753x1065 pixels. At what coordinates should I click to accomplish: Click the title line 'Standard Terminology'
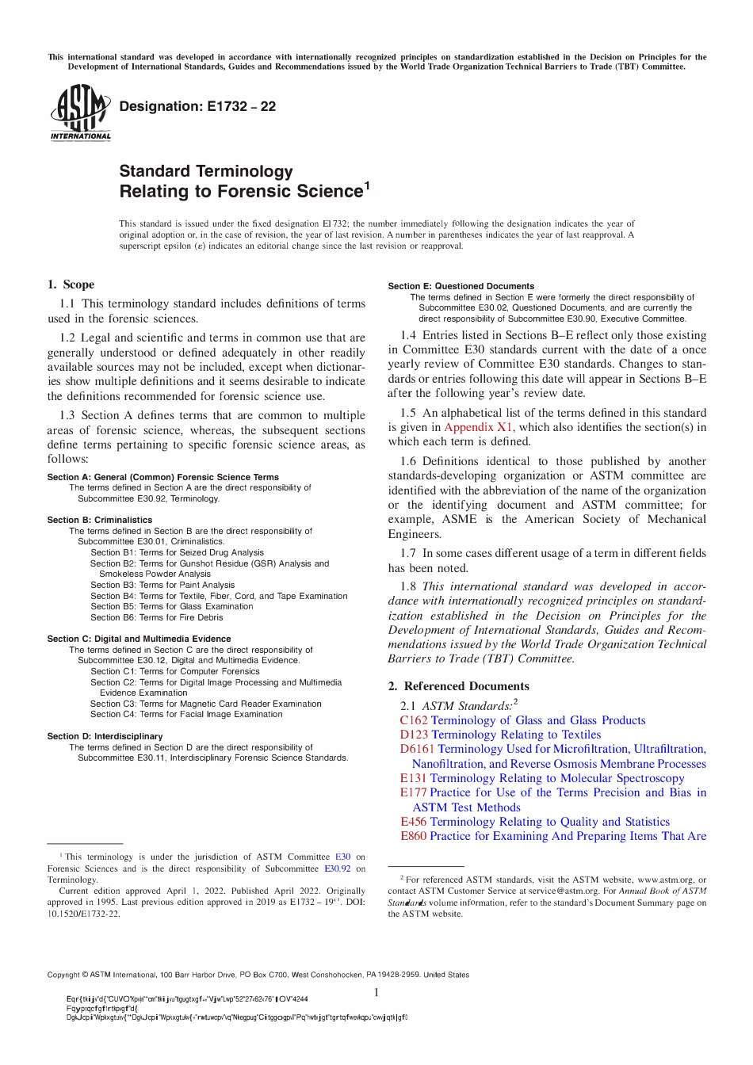(x=206, y=171)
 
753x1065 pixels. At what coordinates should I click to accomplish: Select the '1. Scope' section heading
(x=71, y=284)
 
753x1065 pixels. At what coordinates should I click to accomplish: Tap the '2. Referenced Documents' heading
(x=458, y=686)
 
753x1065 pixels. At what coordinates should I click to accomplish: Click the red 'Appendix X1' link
(x=478, y=427)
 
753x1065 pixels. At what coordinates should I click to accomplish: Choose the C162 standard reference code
(x=414, y=720)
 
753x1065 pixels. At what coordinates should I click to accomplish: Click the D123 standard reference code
(x=414, y=735)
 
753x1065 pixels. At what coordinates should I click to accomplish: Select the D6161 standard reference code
(x=417, y=749)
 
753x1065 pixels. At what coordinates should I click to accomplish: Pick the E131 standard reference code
(x=413, y=778)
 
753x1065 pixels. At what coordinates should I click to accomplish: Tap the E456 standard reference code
(x=413, y=822)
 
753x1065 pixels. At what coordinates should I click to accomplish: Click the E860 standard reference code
(x=413, y=836)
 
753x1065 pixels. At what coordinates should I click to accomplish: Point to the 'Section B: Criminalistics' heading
(x=100, y=520)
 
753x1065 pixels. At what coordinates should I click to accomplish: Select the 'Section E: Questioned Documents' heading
(x=461, y=286)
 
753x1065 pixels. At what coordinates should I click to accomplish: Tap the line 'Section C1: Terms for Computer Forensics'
(x=175, y=671)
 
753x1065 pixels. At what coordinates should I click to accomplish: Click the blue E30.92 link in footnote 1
(x=337, y=868)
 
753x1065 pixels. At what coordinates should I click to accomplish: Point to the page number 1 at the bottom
(x=376, y=992)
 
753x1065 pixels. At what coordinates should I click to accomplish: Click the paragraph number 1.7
(x=408, y=553)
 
